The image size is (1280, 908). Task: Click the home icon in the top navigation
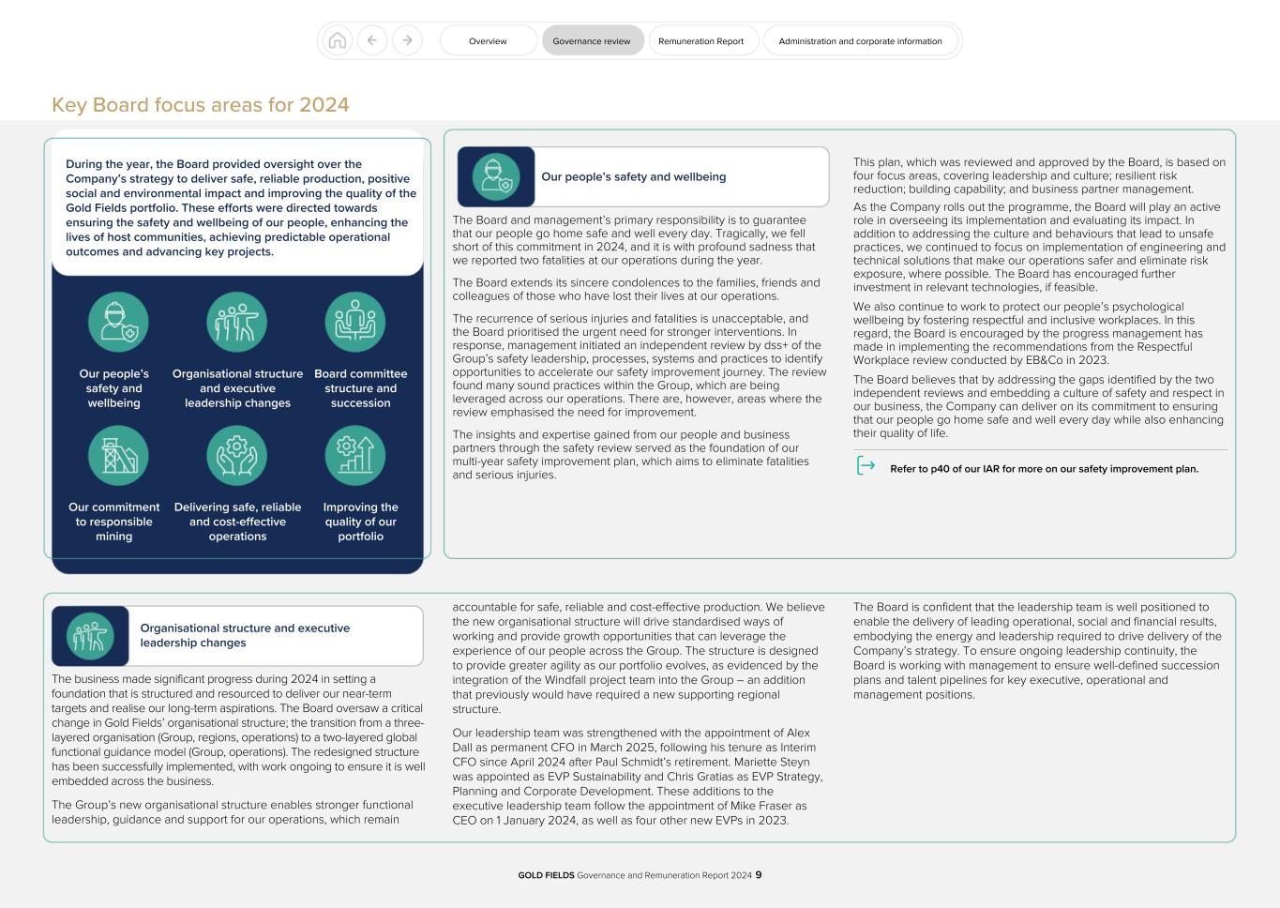tap(338, 40)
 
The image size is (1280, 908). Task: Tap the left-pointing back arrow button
tap(372, 40)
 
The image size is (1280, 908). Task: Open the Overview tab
tap(488, 41)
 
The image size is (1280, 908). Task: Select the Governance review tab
tap(592, 41)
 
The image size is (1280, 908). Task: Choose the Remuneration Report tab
tap(701, 41)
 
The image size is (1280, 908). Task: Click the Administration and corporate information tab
tap(860, 41)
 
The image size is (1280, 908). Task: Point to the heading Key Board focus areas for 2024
tap(201, 105)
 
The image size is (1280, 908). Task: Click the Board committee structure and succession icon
tap(355, 322)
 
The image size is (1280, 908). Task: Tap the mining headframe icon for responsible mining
tap(118, 455)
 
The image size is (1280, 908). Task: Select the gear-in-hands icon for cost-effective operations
tap(237, 455)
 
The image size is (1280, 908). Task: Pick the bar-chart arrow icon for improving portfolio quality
tap(355, 455)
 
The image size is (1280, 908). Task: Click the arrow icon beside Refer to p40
tap(866, 466)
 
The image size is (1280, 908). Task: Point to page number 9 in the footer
tap(759, 875)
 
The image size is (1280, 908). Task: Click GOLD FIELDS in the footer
tap(546, 875)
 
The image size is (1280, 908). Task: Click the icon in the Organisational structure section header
tap(90, 636)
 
